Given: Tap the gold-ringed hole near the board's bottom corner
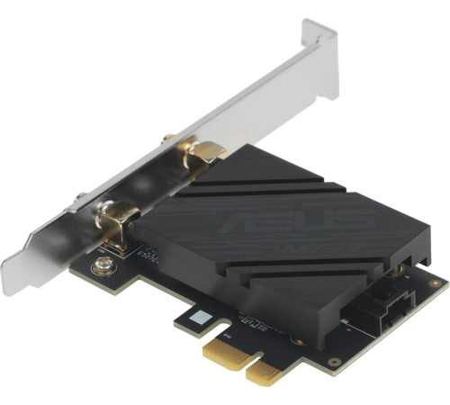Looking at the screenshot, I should click(334, 361).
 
